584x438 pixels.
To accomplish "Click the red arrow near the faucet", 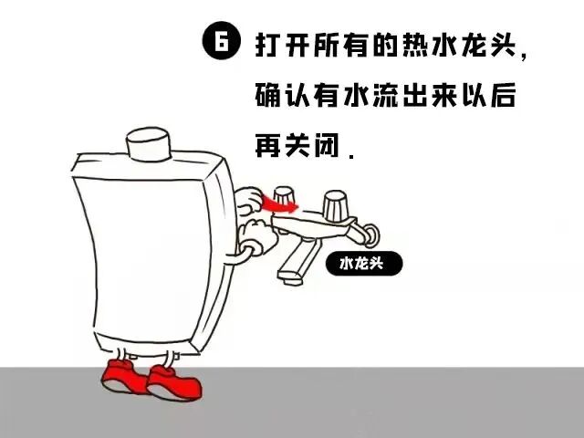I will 277,204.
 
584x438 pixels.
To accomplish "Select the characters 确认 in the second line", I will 287,95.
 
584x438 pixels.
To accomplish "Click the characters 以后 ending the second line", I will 507,95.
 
